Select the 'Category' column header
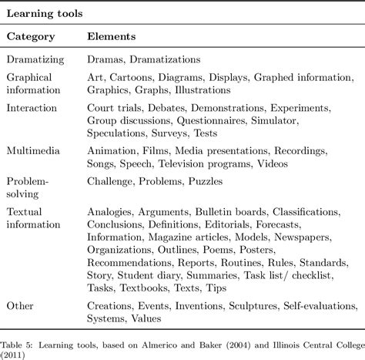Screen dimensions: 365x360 pos(31,35)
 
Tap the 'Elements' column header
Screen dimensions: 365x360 pos(112,35)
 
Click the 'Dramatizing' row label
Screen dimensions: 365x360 pos(37,59)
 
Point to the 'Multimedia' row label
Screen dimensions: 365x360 pos(35,152)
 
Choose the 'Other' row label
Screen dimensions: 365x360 pos(20,306)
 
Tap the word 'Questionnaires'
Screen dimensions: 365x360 pos(213,120)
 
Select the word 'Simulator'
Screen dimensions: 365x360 pos(277,120)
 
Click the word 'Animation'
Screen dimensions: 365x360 pos(112,152)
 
